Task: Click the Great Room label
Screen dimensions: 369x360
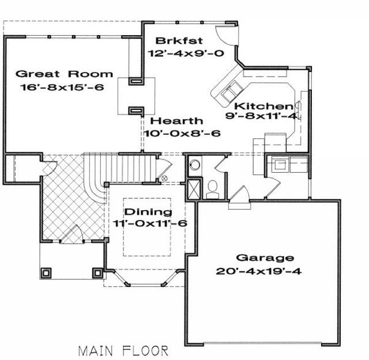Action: pyautogui.click(x=64, y=74)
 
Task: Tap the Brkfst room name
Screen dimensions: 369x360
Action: pyautogui.click(x=179, y=41)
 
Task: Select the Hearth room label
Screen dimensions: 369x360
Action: pyautogui.click(x=176, y=121)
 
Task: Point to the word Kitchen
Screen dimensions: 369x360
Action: pyautogui.click(x=263, y=107)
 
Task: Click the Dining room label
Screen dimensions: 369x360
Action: pyautogui.click(x=148, y=212)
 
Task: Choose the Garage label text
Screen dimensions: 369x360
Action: pyautogui.click(x=265, y=258)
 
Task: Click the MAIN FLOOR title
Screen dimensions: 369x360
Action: pyautogui.click(x=123, y=351)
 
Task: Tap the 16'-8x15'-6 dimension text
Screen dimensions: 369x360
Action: pyautogui.click(x=62, y=87)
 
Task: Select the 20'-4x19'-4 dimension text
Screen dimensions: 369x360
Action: pyautogui.click(x=259, y=271)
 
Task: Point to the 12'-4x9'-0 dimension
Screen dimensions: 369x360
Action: pyautogui.click(x=186, y=53)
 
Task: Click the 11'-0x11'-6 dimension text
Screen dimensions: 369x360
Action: pyautogui.click(x=150, y=223)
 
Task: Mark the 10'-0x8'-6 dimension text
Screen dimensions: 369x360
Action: pyautogui.click(x=182, y=133)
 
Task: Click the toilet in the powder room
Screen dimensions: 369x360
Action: pyautogui.click(x=213, y=190)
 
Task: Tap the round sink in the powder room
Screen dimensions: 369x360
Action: pyautogui.click(x=195, y=165)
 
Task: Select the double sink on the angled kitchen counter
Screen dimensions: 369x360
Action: pyautogui.click(x=232, y=90)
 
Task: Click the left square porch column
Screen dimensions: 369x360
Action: pyautogui.click(x=46, y=273)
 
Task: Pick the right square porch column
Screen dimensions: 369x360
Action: pyautogui.click(x=97, y=273)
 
